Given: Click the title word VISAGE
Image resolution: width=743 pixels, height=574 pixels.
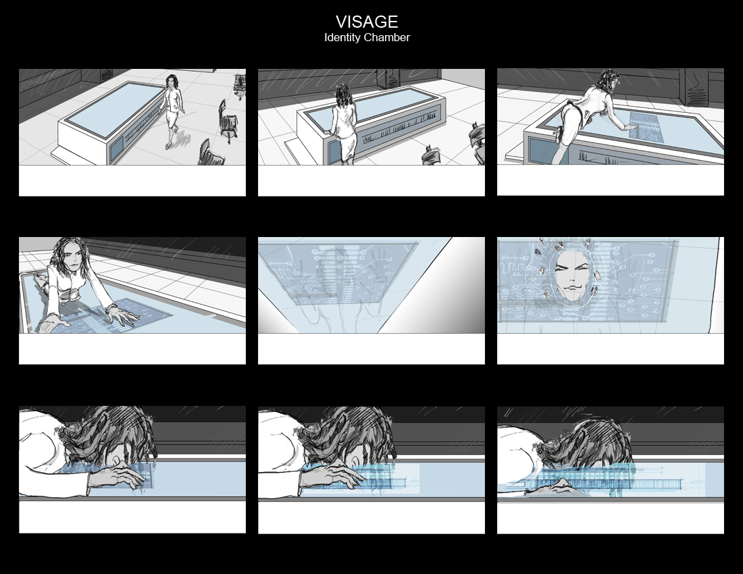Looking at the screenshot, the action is (367, 22).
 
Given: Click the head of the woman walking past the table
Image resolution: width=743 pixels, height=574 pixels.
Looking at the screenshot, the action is (172, 82).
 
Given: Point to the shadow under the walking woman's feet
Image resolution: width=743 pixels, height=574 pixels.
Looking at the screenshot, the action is (182, 139).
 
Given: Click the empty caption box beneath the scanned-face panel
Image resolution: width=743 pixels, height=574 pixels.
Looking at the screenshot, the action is (611, 348).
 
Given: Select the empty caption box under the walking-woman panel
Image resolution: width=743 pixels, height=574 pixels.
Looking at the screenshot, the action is (132, 180).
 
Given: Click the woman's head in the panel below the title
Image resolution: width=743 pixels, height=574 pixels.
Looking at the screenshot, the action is (342, 95).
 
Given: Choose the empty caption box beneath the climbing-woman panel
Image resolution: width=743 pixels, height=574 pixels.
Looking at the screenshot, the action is (611, 180).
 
